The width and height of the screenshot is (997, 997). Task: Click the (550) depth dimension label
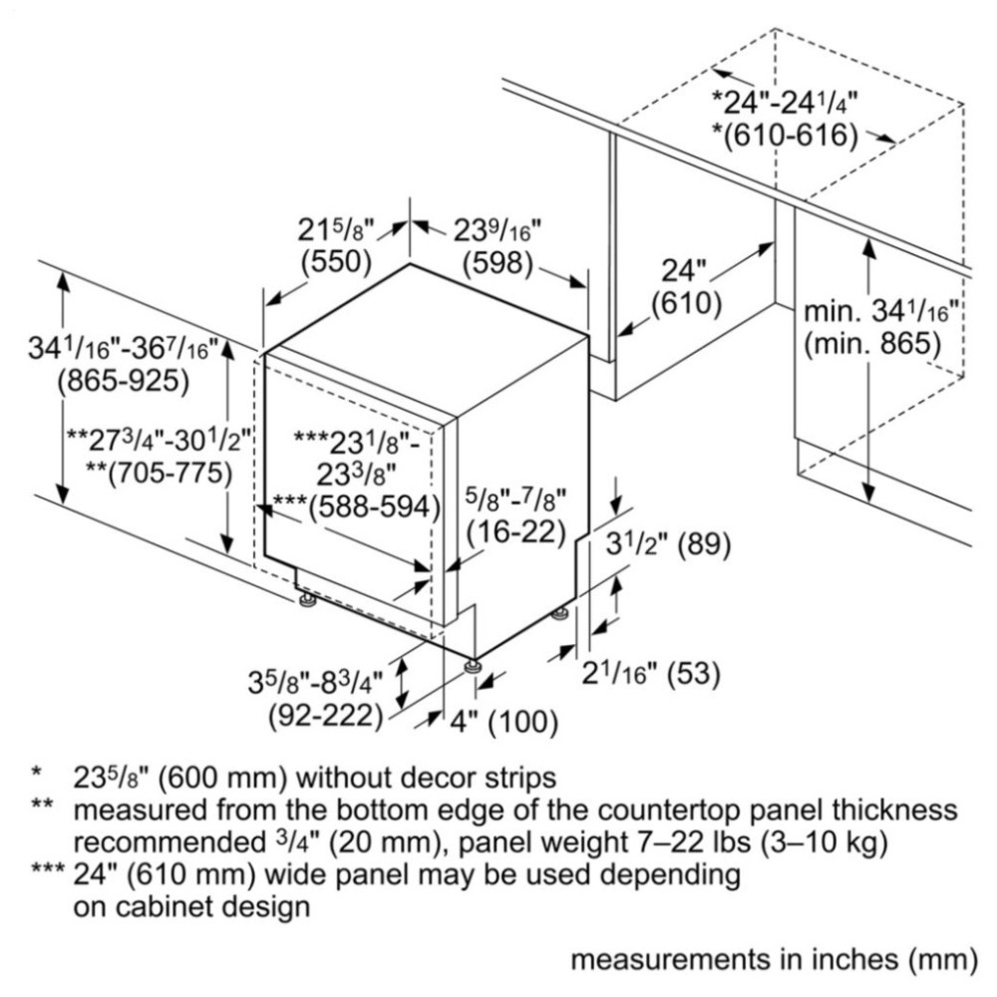tap(336, 261)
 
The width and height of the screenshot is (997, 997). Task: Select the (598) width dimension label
tap(498, 263)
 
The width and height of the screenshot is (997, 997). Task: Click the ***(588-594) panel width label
tap(357, 506)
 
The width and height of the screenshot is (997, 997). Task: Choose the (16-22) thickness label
tap(516, 531)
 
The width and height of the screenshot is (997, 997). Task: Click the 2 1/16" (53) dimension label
tap(651, 673)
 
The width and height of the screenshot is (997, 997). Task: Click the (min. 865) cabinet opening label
tap(872, 344)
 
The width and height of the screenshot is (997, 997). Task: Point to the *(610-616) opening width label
tap(786, 135)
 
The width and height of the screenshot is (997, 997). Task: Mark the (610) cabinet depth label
tap(686, 304)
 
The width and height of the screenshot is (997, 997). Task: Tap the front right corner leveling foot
tap(473, 667)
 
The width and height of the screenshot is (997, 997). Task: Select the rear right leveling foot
tap(560, 613)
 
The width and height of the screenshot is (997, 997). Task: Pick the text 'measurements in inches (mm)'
tap(774, 960)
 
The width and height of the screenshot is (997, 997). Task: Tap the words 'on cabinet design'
tap(192, 906)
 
